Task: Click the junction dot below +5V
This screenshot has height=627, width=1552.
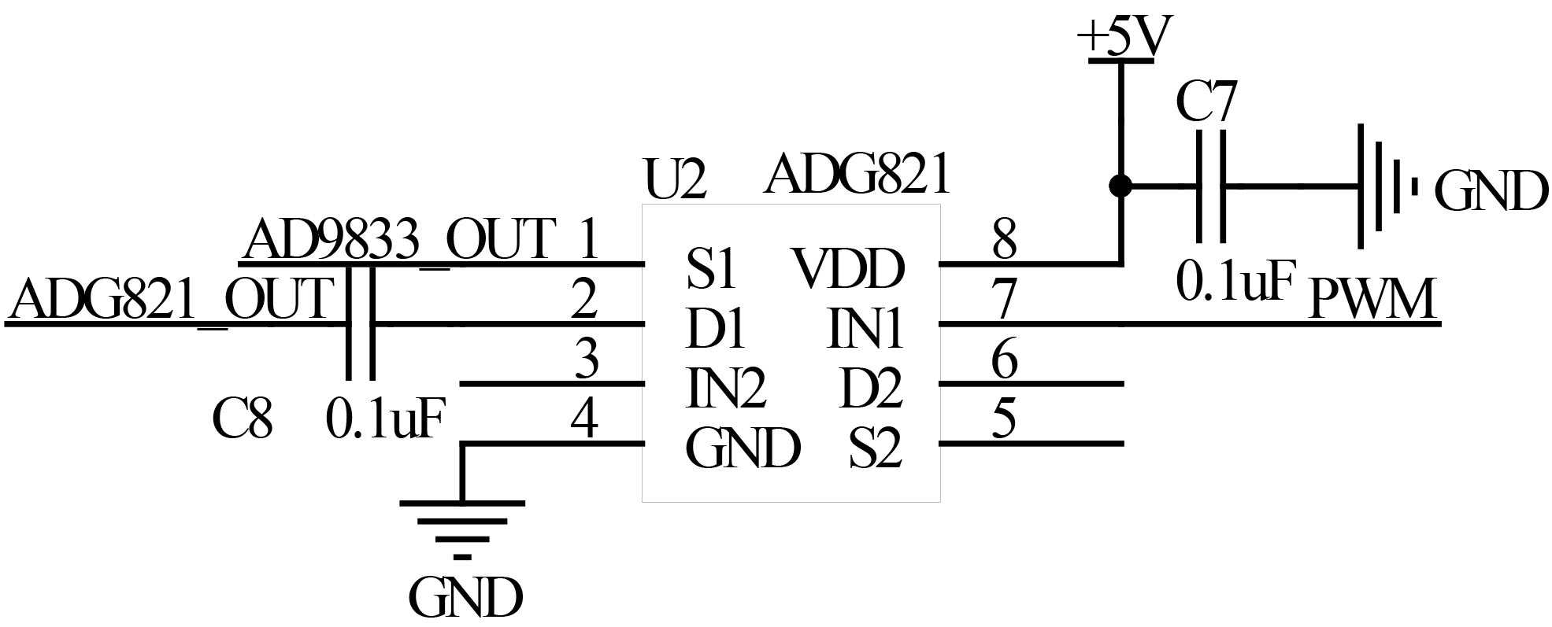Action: tap(1120, 186)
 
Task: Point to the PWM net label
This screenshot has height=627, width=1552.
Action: tap(1372, 300)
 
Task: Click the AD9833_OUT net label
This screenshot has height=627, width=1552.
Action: tap(400, 240)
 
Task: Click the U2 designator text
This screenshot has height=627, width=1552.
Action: tap(675, 180)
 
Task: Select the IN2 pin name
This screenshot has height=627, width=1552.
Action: tap(726, 389)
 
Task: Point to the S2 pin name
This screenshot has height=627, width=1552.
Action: tap(875, 449)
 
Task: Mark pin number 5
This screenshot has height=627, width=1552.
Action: tap(1004, 419)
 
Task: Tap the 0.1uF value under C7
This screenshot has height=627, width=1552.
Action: tap(1235, 282)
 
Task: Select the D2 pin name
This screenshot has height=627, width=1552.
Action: tap(871, 389)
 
